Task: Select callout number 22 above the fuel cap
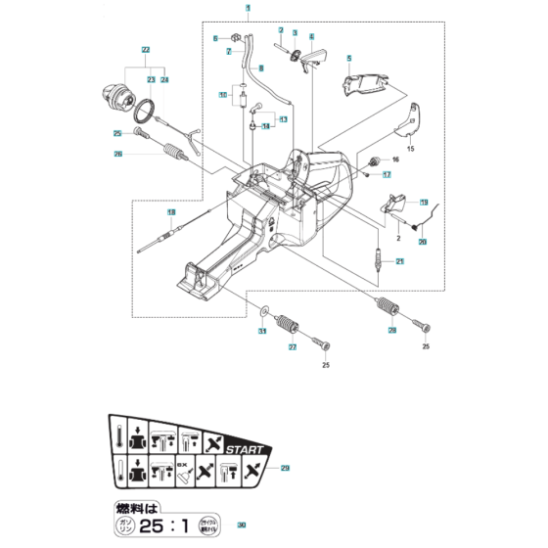(145, 49)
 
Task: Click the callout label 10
(223, 95)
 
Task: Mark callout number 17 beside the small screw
(388, 175)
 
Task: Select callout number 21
(399, 261)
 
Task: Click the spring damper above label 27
(288, 323)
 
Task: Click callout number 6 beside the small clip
(214, 38)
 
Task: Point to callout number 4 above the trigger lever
(311, 36)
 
